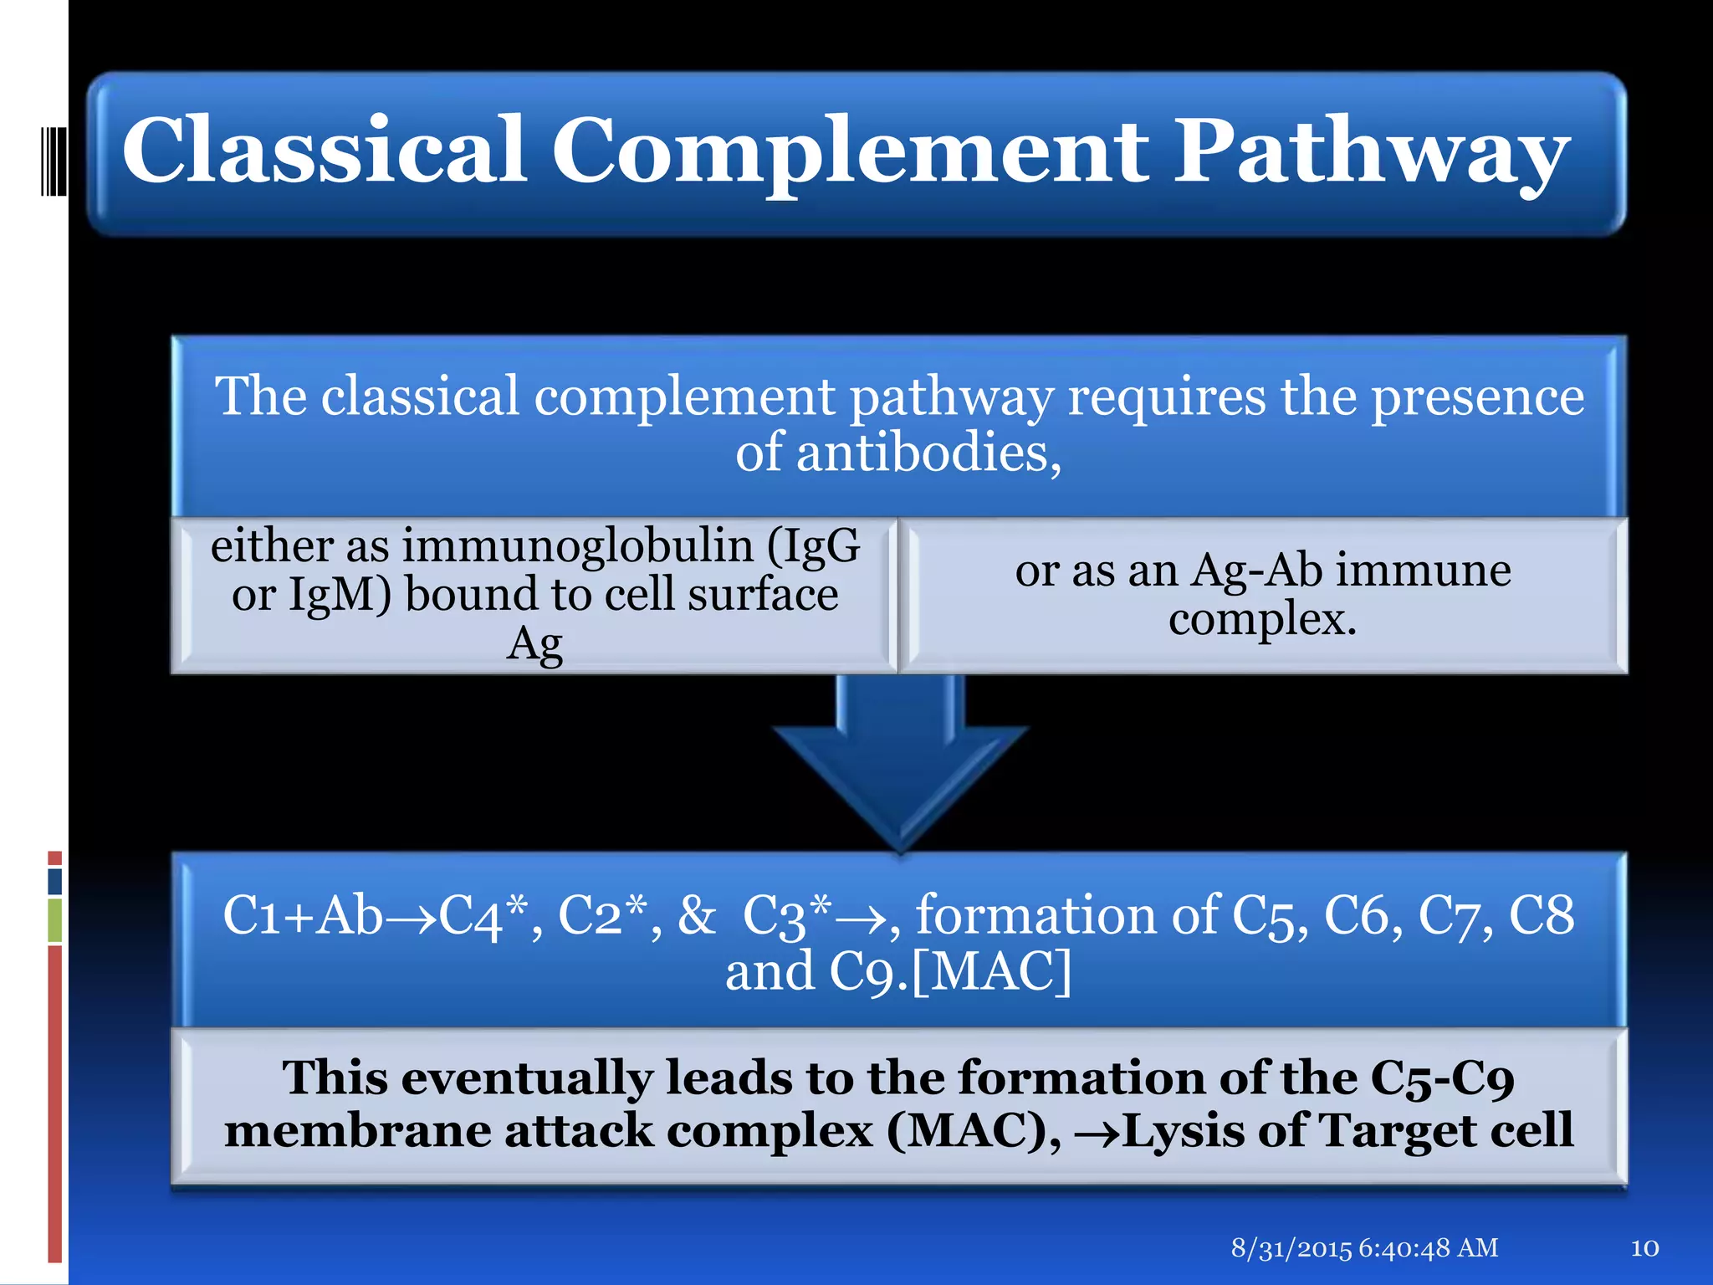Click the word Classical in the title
click(x=325, y=151)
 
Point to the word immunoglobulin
click(x=578, y=545)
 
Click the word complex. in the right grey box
click(x=1262, y=620)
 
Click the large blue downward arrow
click(x=900, y=761)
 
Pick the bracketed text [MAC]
click(x=992, y=972)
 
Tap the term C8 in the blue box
click(x=1542, y=915)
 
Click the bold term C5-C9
click(x=1442, y=1078)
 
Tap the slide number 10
click(x=1644, y=1248)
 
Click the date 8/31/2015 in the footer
click(x=1291, y=1248)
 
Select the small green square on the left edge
click(x=54, y=920)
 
